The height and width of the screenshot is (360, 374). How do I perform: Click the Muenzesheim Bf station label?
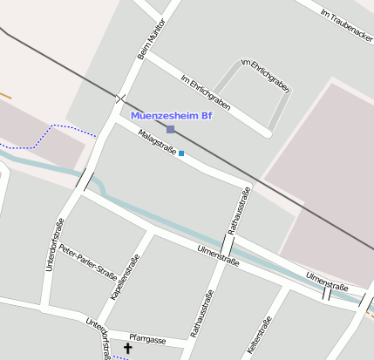point(171,115)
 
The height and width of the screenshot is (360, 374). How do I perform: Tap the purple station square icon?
point(171,130)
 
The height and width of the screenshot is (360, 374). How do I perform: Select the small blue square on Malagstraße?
point(181,154)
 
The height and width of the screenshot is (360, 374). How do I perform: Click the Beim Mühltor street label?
point(151,41)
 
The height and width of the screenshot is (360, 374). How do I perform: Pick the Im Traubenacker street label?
point(347,27)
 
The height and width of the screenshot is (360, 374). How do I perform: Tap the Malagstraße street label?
point(157,142)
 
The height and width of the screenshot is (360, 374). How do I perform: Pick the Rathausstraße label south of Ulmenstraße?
point(201,313)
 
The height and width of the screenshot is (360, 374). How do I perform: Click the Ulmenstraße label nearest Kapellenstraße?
point(218,255)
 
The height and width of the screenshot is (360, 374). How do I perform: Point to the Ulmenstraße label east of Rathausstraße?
point(327,281)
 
